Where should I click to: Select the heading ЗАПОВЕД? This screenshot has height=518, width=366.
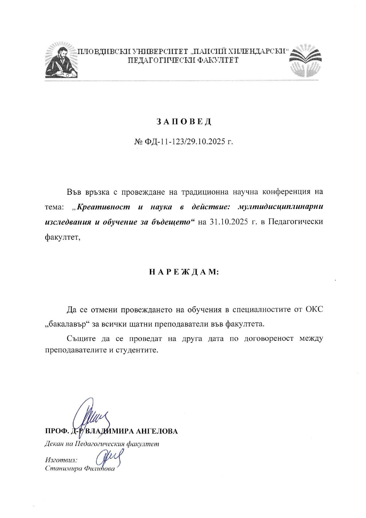coord(184,121)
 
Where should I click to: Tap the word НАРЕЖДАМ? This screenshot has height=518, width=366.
coord(184,272)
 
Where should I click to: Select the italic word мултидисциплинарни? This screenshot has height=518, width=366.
coord(280,207)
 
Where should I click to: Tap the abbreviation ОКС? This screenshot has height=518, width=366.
coord(314,309)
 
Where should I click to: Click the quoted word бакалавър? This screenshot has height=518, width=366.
coord(67,324)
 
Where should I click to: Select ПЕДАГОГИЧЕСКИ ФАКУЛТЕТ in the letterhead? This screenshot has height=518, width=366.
coord(183,60)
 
